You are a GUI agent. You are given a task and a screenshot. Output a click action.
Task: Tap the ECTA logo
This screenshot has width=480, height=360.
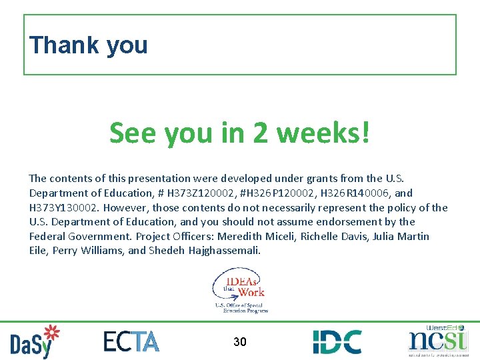point(131,341)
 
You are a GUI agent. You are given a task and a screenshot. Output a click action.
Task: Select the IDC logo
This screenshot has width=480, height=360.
point(337,341)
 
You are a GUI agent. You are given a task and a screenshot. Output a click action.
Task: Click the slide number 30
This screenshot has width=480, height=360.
point(240,342)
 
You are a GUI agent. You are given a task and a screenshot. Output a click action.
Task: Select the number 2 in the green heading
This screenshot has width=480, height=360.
point(261,133)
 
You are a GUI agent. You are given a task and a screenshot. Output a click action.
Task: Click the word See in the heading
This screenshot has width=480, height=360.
point(133,133)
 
